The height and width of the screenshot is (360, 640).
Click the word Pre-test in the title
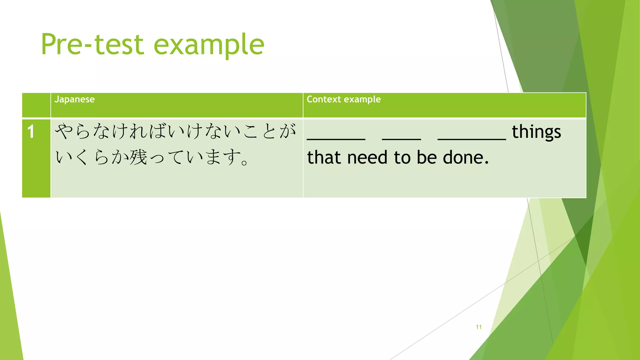(x=92, y=44)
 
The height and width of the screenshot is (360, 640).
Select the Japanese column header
(x=74, y=99)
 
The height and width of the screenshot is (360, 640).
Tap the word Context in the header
(x=324, y=99)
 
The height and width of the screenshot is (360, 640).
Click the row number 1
(x=31, y=132)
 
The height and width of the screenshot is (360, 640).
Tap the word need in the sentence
(x=367, y=157)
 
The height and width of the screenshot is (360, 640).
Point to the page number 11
(x=478, y=327)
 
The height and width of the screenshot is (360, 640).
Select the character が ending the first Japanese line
(x=287, y=131)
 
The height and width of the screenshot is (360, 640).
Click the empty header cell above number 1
(x=36, y=105)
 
